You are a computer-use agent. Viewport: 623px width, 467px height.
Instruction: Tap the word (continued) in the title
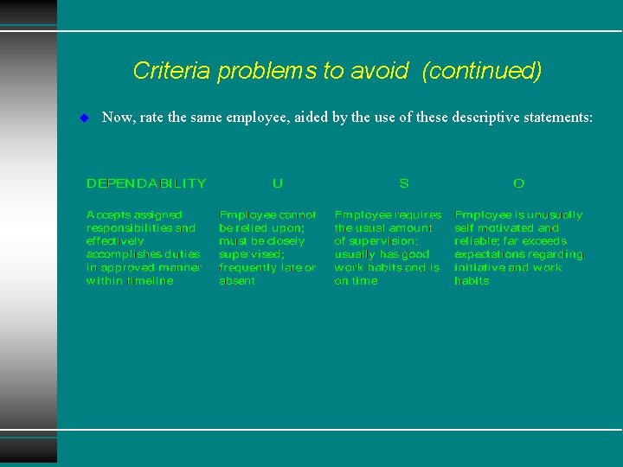pyautogui.click(x=482, y=71)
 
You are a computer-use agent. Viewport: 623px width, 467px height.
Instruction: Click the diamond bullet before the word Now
pyautogui.click(x=84, y=117)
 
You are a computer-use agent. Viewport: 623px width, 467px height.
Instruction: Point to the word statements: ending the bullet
pyautogui.click(x=560, y=117)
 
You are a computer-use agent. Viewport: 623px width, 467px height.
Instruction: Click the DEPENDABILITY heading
pyautogui.click(x=146, y=183)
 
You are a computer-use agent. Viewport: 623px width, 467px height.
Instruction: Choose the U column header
pyautogui.click(x=277, y=183)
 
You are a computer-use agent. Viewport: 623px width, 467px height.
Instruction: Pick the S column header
pyautogui.click(x=404, y=183)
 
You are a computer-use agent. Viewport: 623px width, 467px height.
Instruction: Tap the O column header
pyautogui.click(x=518, y=183)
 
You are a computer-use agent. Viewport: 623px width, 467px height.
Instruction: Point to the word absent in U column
pyautogui.click(x=237, y=281)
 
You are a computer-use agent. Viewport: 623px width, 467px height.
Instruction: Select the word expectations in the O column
pyautogui.click(x=490, y=255)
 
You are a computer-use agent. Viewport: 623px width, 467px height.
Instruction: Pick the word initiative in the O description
pyautogui.click(x=479, y=268)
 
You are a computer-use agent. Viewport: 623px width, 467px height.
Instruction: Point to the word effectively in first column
pyautogui.click(x=115, y=241)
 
